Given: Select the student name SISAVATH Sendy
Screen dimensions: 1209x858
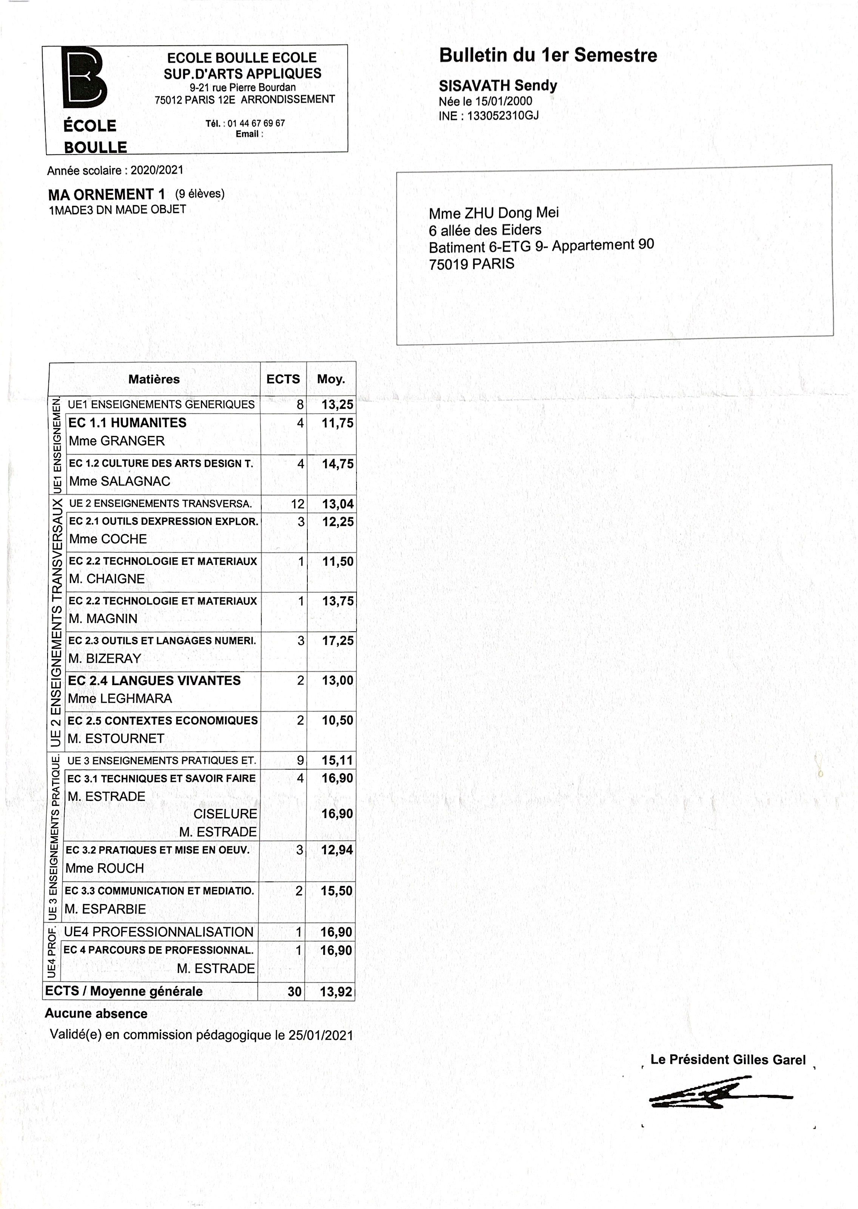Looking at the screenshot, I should tap(498, 86).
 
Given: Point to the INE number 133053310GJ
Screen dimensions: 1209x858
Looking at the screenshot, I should tap(502, 116).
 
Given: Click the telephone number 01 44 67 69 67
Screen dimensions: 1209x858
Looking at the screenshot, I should tap(256, 123).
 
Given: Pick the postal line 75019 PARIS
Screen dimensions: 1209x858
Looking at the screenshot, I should tap(471, 264).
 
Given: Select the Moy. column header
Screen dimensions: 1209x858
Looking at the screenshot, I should tap(331, 379).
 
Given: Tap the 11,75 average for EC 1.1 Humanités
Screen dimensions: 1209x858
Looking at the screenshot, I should tap(338, 423).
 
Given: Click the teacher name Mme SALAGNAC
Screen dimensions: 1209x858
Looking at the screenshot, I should tap(120, 481).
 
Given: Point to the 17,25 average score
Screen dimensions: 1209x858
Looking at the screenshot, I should tap(338, 640).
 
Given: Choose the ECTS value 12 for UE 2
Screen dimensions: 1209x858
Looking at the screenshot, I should tap(298, 504).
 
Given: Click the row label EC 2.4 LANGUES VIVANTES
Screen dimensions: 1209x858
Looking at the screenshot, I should tap(154, 680).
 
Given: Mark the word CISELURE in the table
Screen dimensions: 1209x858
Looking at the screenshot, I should tap(225, 814).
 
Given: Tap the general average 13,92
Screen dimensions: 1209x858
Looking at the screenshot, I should tap(336, 991).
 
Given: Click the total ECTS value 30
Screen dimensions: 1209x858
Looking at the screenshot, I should tap(294, 991).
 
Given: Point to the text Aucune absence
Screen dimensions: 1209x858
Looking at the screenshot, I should tap(96, 1014).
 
